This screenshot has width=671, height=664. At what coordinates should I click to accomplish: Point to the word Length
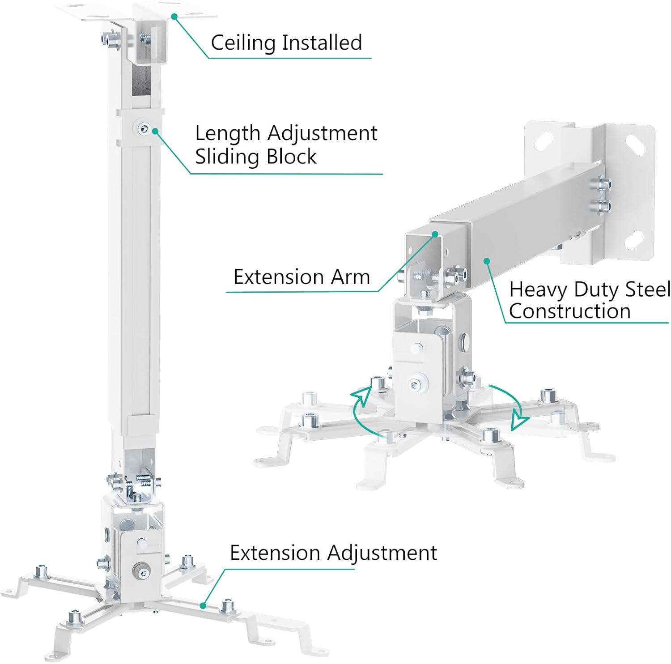click(x=228, y=133)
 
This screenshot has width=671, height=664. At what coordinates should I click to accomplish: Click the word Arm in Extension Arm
click(x=350, y=277)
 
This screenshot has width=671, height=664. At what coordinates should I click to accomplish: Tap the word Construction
click(x=569, y=311)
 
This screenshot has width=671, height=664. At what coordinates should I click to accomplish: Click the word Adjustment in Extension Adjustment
click(x=382, y=553)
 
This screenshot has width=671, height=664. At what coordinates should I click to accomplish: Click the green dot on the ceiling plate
click(x=174, y=16)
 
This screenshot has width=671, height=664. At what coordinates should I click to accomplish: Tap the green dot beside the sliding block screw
click(x=155, y=131)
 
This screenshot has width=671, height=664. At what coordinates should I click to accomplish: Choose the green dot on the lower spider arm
click(x=203, y=605)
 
